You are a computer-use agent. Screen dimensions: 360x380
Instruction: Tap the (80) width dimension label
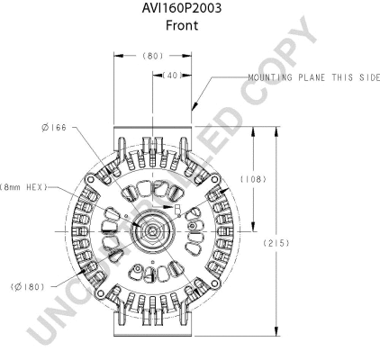click(153, 56)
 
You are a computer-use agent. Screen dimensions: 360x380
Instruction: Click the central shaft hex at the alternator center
click(151, 231)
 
